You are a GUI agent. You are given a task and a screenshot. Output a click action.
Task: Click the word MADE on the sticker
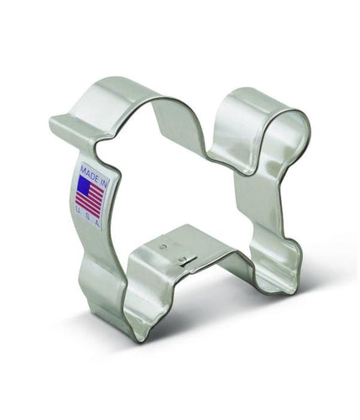88,171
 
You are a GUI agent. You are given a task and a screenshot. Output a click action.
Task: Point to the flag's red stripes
91,199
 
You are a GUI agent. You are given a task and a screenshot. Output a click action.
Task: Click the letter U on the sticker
77,211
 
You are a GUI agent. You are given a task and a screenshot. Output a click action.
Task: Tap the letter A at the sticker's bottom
97,223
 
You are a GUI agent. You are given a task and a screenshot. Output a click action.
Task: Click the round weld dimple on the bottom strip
162,247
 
